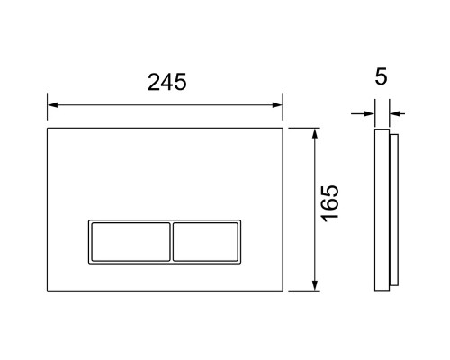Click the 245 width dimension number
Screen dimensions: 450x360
pyautogui.click(x=167, y=82)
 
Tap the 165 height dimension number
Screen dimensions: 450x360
pyautogui.click(x=330, y=203)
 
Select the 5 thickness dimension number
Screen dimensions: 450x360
pyautogui.click(x=382, y=76)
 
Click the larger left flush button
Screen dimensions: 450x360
pyautogui.click(x=130, y=242)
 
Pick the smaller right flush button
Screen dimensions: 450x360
pyautogui.click(x=205, y=242)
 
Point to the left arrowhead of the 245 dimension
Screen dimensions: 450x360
pyautogui.click(x=53, y=105)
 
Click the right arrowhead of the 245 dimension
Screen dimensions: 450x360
pyautogui.click(x=277, y=105)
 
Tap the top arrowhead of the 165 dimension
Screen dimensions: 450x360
pyautogui.click(x=315, y=134)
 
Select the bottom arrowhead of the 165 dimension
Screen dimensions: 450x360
pyautogui.click(x=315, y=285)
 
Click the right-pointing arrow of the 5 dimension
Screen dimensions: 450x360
pyautogui.click(x=363, y=113)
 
